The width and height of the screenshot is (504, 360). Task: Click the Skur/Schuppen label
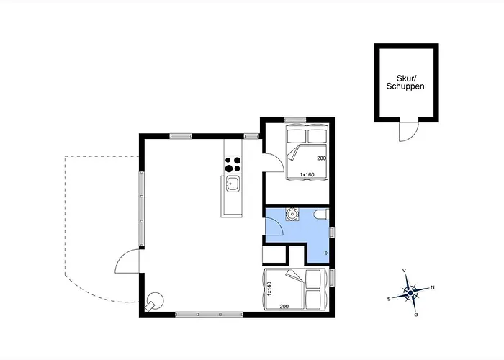405,82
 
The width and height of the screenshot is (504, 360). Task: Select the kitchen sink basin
232,184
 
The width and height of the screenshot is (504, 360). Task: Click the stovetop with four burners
233,164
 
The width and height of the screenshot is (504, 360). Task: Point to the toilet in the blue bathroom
322,215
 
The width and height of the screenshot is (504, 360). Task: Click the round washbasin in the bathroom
292,214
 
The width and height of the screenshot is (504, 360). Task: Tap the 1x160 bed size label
307,174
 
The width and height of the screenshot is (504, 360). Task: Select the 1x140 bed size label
269,288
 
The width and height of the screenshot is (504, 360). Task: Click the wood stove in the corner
155,302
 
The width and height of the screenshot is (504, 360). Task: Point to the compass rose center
410,293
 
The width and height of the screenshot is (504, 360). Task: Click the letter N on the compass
433,287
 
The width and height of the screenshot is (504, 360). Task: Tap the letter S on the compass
389,299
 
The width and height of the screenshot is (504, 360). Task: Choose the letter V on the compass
404,271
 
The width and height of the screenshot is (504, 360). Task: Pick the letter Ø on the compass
416,315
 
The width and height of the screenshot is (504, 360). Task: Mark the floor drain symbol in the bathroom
326,253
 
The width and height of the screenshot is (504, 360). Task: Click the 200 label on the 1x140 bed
284,306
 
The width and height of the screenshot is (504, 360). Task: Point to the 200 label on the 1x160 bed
321,158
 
